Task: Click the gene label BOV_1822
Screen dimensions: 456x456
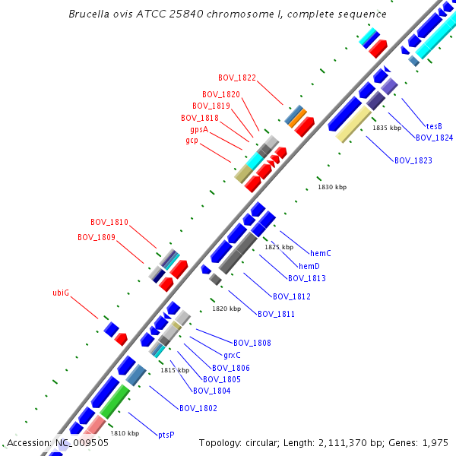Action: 237,78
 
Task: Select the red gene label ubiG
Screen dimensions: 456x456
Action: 61,292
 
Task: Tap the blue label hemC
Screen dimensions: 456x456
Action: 321,252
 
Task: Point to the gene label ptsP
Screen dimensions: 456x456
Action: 166,435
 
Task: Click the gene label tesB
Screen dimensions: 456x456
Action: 434,126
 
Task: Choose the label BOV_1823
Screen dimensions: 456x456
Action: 413,160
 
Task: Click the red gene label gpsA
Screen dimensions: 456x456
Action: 198,129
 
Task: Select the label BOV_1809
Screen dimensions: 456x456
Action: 97,237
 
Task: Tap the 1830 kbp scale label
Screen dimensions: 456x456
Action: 332,187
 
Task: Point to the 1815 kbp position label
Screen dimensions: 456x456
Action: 175,370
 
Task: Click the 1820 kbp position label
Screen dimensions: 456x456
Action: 226,309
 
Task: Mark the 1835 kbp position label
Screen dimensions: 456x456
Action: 387,128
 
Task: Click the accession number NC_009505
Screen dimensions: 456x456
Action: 83,442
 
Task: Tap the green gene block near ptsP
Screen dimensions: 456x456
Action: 115,400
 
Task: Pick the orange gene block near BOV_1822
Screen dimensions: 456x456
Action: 298,118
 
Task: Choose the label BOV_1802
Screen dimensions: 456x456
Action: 198,408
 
